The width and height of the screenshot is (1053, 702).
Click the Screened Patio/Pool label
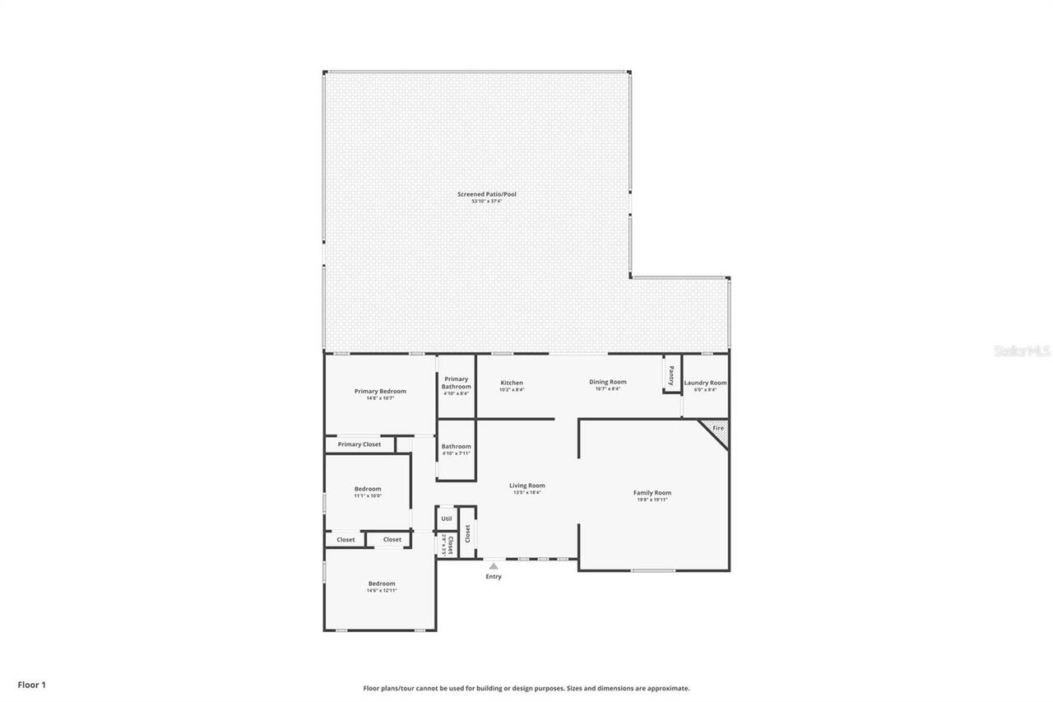pyautogui.click(x=487, y=195)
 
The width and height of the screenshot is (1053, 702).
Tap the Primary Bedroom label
pyautogui.click(x=380, y=392)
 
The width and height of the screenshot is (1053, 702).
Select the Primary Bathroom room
pyautogui.click(x=457, y=385)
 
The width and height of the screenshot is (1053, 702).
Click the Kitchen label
pyautogui.click(x=512, y=384)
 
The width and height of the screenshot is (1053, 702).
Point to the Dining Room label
pyautogui.click(x=608, y=383)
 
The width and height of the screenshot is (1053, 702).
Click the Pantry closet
pyautogui.click(x=671, y=375)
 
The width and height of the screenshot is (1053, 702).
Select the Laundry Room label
pyautogui.click(x=705, y=384)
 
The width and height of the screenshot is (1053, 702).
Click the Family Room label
pyautogui.click(x=652, y=494)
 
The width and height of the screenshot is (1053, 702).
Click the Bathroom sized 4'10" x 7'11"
pyautogui.click(x=457, y=449)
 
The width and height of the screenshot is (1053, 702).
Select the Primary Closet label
pyautogui.click(x=360, y=444)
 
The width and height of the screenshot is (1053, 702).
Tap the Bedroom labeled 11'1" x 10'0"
pyautogui.click(x=368, y=490)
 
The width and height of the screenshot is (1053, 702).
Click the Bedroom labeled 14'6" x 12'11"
pyautogui.click(x=382, y=584)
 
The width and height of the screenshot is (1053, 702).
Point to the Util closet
pyautogui.click(x=447, y=518)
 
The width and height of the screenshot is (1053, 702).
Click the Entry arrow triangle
pyautogui.click(x=493, y=565)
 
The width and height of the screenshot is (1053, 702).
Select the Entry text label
pyautogui.click(x=493, y=576)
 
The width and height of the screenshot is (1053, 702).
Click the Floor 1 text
pyautogui.click(x=31, y=684)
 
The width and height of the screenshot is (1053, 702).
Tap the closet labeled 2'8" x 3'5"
pyautogui.click(x=447, y=545)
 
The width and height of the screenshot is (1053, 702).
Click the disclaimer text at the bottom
pyautogui.click(x=526, y=688)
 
